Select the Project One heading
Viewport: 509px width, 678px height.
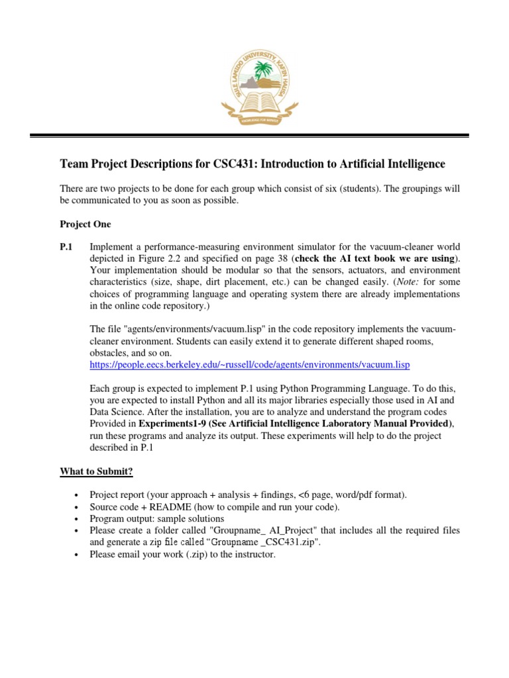85,224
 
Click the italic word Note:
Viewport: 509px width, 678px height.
381,282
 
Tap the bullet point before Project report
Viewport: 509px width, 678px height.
78,495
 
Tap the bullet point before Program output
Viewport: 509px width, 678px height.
78,519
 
